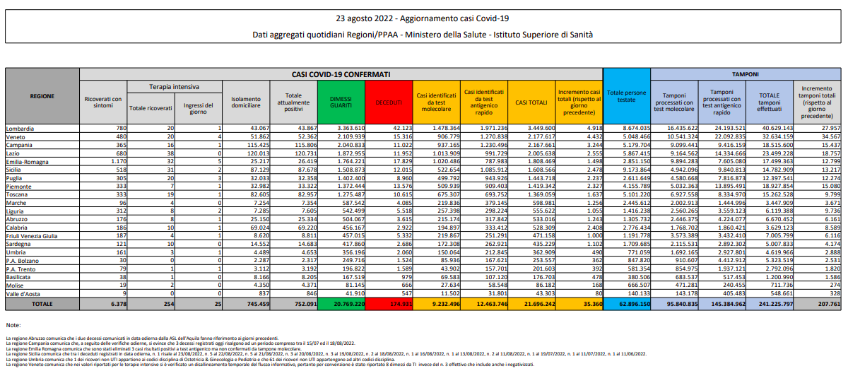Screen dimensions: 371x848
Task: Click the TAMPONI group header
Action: [745, 73]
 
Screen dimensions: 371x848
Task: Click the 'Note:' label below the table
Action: [13, 324]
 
